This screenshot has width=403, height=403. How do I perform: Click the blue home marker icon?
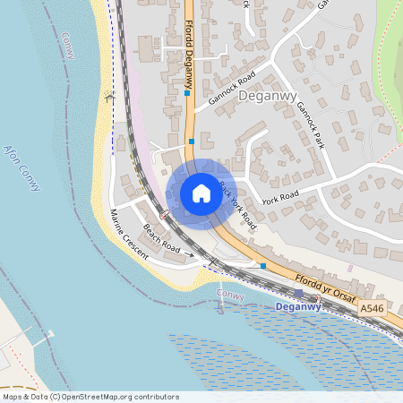201,193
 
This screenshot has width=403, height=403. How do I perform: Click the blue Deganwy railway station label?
298,307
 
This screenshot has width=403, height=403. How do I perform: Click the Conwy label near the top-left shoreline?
70,45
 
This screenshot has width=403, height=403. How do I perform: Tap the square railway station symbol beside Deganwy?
298,294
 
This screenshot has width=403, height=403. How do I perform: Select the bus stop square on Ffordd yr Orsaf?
263,265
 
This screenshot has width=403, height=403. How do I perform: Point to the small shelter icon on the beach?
110,98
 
